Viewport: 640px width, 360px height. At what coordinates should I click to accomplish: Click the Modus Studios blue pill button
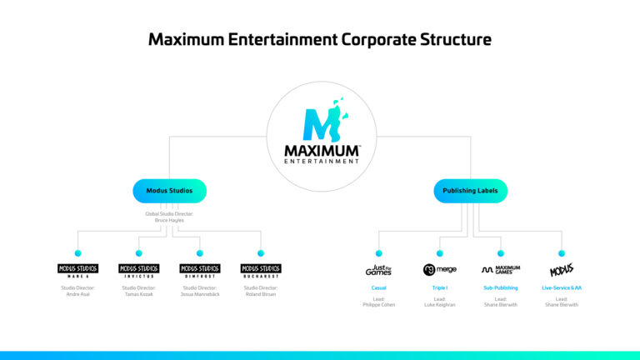coord(169,191)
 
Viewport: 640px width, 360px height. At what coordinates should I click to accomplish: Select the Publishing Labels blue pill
coord(470,191)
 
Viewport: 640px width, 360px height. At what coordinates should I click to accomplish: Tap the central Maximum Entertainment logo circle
coord(320,131)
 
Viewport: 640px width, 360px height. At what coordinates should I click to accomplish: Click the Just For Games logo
coord(378,270)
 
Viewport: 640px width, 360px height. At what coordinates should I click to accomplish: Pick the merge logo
coord(439,270)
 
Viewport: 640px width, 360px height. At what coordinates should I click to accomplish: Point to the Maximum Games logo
coord(500,270)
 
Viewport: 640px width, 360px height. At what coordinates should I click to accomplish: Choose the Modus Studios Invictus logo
coord(138,270)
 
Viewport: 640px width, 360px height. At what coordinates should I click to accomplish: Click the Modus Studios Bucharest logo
coord(261,270)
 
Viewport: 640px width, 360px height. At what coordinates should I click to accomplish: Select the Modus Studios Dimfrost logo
coord(200,270)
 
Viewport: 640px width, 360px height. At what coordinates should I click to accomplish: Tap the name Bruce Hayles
coord(169,220)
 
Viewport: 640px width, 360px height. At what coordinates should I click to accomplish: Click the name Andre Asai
coord(77,294)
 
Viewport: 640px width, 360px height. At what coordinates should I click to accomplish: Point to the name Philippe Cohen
coord(378,305)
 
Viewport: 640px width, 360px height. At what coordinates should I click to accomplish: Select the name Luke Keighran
coord(439,305)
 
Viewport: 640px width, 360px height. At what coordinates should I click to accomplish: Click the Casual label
coord(378,287)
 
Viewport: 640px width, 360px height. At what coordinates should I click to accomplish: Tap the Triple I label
coord(439,287)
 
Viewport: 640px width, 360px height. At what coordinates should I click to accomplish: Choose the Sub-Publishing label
coord(500,287)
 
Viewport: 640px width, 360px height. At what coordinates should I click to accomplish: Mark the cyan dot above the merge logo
coord(439,252)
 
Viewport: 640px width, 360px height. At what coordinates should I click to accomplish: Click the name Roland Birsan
coord(261,294)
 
